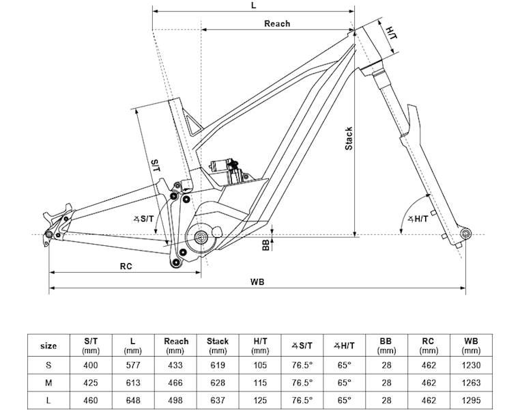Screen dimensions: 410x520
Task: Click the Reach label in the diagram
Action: pyautogui.click(x=277, y=24)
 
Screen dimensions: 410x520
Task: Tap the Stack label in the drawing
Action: pyautogui.click(x=349, y=139)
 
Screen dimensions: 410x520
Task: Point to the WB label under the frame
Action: pyautogui.click(x=257, y=282)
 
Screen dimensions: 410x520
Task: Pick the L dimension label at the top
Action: pyautogui.click(x=253, y=5)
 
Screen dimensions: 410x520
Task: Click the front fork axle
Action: pyautogui.click(x=465, y=234)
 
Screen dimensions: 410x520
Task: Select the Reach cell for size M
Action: pyautogui.click(x=176, y=383)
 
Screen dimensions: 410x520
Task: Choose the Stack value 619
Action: pyautogui.click(x=218, y=365)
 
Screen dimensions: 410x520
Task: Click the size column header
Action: pyautogui.click(x=49, y=345)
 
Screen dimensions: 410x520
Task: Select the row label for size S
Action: pyautogui.click(x=49, y=365)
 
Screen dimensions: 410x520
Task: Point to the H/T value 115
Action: pyautogui.click(x=260, y=383)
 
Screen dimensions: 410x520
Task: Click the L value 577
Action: pyautogui.click(x=134, y=365)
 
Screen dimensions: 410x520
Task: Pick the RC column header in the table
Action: pyautogui.click(x=428, y=345)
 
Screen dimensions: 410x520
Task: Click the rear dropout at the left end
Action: pyautogui.click(x=50, y=236)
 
